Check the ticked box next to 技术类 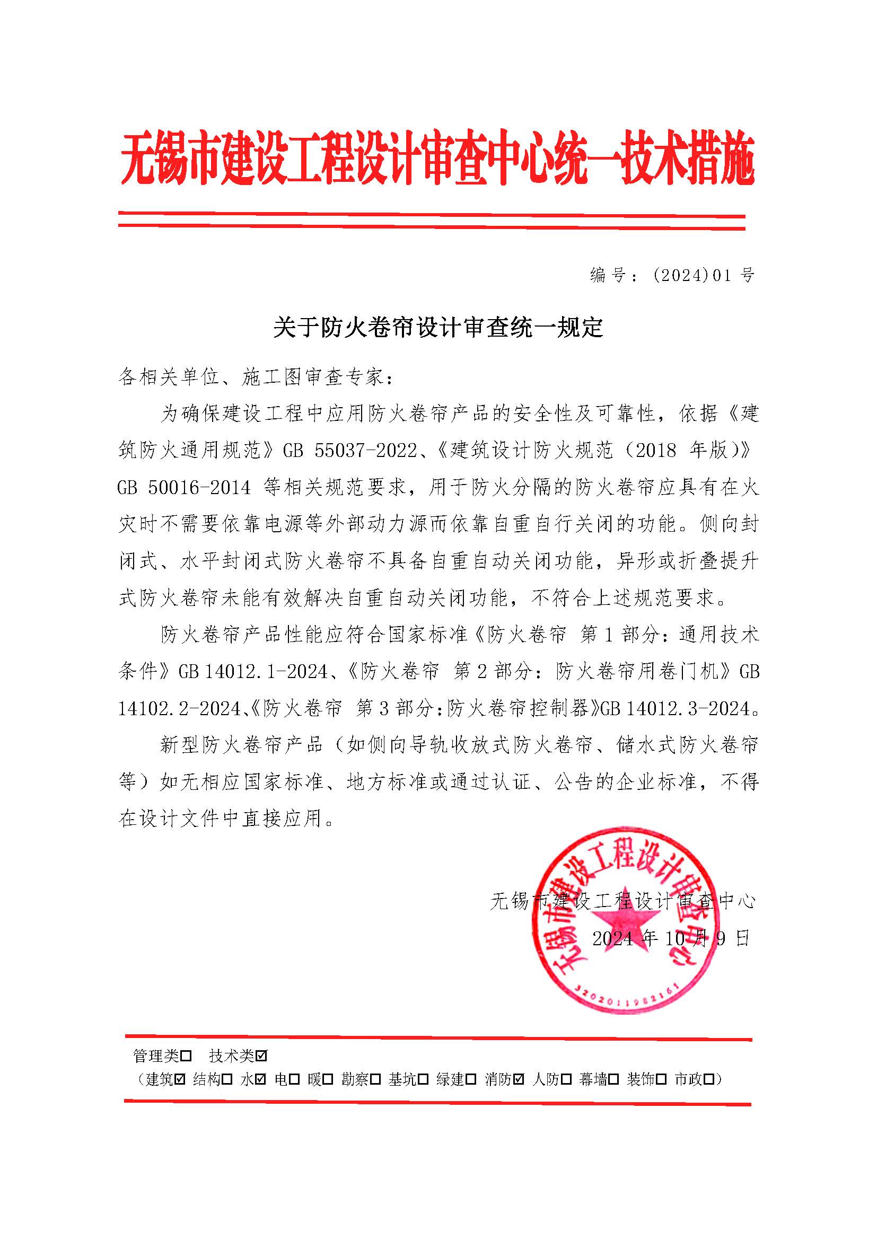click(x=262, y=1056)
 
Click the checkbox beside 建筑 click(x=180, y=1079)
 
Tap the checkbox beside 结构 click(x=227, y=1079)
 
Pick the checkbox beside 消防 click(x=519, y=1079)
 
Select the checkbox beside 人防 click(x=566, y=1079)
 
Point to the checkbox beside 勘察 click(x=376, y=1079)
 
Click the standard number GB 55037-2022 click(x=350, y=451)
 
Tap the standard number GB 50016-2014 click(x=184, y=488)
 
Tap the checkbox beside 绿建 click(x=471, y=1079)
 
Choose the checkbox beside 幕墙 click(x=613, y=1079)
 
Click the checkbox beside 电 click(x=294, y=1079)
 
